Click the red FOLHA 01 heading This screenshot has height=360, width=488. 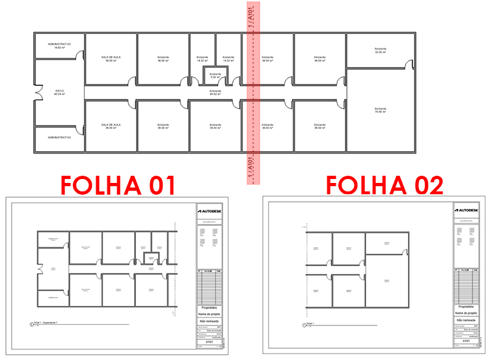(x=118, y=184)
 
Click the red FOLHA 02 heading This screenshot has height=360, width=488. (x=385, y=184)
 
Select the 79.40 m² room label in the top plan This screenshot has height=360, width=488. (x=381, y=110)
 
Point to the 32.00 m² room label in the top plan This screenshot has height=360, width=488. (x=381, y=50)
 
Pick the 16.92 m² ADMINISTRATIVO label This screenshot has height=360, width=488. (x=59, y=46)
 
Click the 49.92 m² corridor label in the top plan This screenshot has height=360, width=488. (x=215, y=92)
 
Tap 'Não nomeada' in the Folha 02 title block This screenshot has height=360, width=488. (x=465, y=320)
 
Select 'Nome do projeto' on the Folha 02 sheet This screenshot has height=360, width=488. (x=465, y=313)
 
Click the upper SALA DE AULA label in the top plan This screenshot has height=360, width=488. (x=111, y=58)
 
